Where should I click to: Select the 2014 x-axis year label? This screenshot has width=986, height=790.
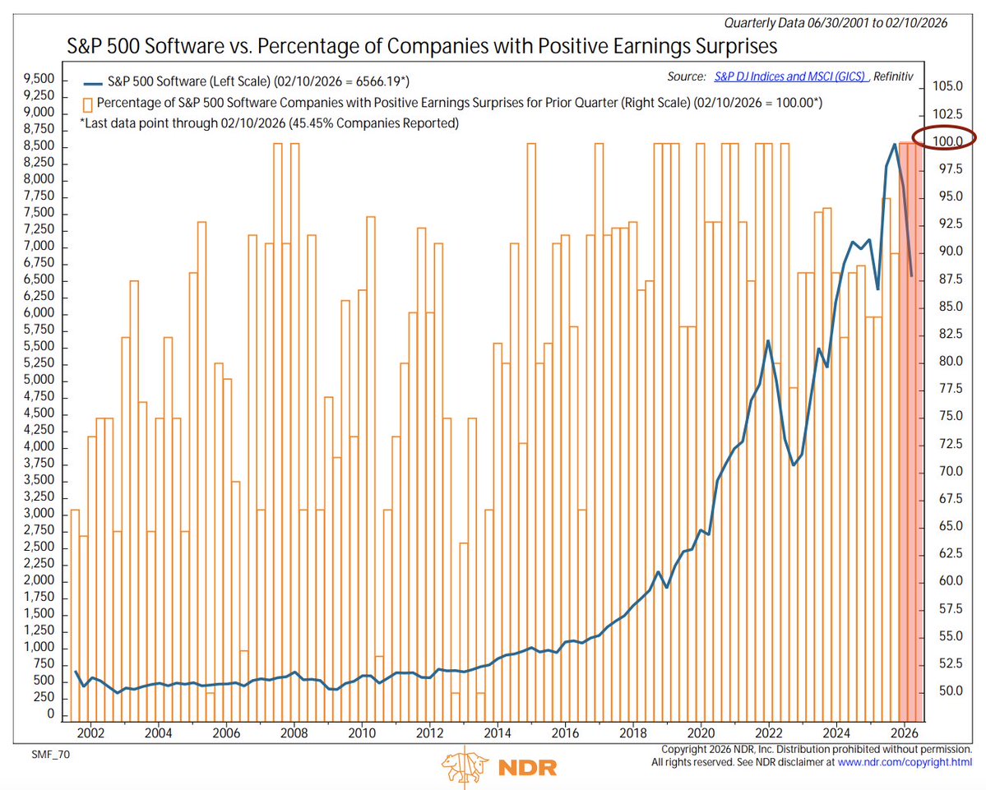[x=497, y=732]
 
